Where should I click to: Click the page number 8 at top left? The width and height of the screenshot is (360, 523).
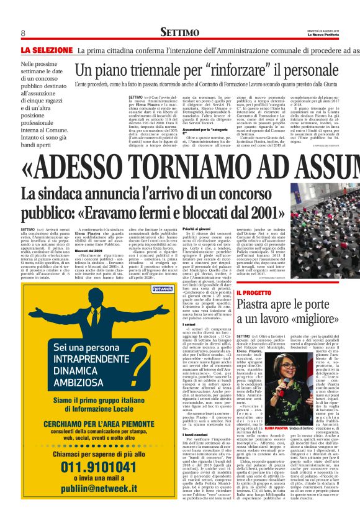(x=22, y=33)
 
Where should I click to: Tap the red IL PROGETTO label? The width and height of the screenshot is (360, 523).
(x=254, y=292)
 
